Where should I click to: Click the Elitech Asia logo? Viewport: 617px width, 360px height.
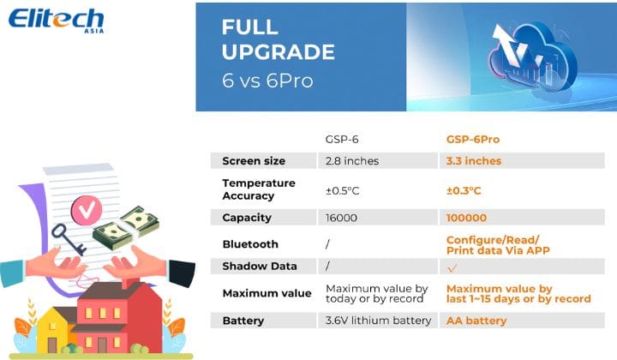57,21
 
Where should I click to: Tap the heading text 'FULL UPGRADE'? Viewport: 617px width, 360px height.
279,39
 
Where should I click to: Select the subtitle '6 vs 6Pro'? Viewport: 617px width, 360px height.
267,81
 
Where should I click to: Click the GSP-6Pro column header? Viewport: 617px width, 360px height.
473,139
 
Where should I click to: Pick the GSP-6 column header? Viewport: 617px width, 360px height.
342,139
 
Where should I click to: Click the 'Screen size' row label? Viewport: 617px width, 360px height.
254,161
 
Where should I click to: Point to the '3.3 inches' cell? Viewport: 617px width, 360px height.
474,161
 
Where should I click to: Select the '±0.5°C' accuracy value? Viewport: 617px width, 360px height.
342,191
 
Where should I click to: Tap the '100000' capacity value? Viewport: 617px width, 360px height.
466,218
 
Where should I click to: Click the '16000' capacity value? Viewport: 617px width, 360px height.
341,218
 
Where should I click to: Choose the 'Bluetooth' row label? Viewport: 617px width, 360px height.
250,244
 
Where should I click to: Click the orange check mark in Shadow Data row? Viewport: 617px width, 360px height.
452,268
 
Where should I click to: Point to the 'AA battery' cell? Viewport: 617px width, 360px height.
476,321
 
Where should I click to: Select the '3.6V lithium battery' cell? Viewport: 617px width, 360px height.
378,321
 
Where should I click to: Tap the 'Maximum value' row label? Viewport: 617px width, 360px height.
267,293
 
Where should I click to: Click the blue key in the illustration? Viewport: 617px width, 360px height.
69,239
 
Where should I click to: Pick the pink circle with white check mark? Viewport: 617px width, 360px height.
87,211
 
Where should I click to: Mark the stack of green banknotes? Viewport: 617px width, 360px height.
126,228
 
